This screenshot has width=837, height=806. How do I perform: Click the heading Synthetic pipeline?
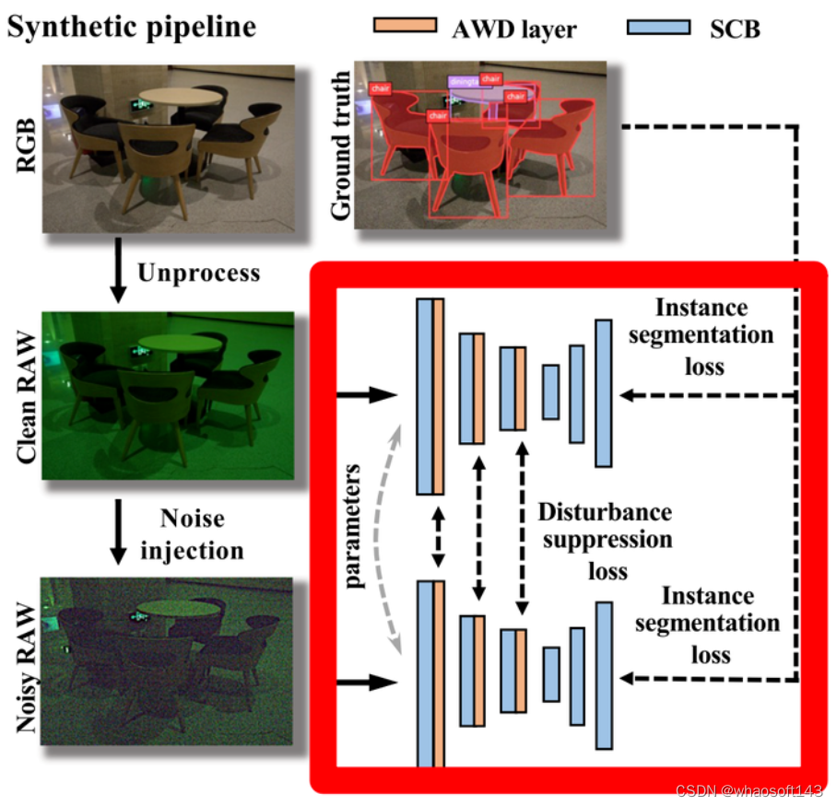[x=131, y=27]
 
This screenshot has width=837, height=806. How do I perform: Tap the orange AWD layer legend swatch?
[x=404, y=25]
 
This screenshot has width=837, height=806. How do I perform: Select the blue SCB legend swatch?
[x=657, y=25]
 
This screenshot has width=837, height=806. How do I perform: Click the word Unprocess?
[x=198, y=274]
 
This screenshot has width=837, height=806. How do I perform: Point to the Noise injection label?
[x=191, y=535]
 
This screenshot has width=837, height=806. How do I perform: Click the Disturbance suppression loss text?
[x=605, y=541]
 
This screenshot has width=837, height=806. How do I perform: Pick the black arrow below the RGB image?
[x=116, y=274]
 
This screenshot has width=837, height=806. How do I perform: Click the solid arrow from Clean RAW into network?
[x=367, y=396]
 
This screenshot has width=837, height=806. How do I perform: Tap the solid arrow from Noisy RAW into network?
[x=367, y=683]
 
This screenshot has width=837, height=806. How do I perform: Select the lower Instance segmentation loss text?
[x=707, y=625]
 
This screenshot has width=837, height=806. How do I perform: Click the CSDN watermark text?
[x=748, y=791]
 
